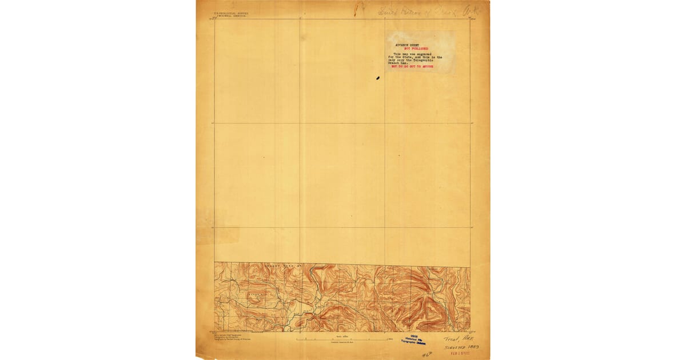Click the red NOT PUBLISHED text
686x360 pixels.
tap(416, 49)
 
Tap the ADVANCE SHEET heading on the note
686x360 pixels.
tap(411, 45)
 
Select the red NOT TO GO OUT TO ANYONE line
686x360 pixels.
tap(412, 67)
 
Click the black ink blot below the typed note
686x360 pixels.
tap(378, 77)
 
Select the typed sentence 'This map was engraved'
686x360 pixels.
tap(411, 54)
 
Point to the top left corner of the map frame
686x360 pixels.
tap(215, 19)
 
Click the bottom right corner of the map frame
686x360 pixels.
tap(470, 331)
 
